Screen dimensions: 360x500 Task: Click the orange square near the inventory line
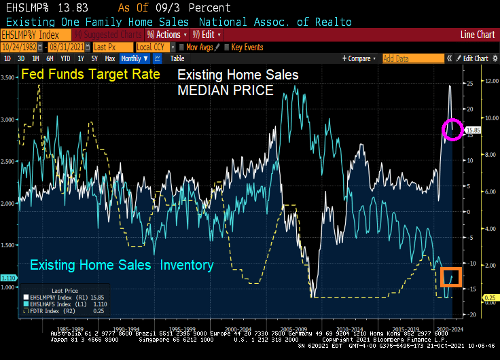click(x=452, y=276)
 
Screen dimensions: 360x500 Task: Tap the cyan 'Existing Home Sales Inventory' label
click(x=122, y=265)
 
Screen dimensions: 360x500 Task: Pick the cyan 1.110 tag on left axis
click(x=9, y=277)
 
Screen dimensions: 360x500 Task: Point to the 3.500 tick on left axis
click(x=9, y=77)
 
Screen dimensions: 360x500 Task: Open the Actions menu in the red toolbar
click(x=167, y=34)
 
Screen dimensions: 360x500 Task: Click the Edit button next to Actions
click(x=207, y=34)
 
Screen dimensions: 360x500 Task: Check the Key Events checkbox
click(x=228, y=47)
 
